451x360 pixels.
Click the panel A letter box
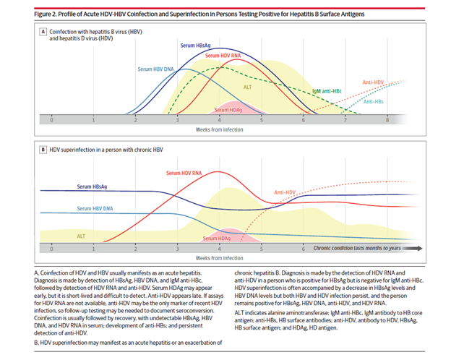(x=43, y=32)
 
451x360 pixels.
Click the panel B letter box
(x=43, y=150)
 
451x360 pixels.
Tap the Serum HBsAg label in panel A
(x=195, y=46)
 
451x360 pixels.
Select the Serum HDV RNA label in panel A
(x=223, y=56)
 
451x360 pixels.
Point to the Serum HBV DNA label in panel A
(x=155, y=69)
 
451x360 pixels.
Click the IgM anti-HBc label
(x=327, y=91)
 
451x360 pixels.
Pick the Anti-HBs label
(x=374, y=102)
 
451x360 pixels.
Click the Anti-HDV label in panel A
(x=373, y=82)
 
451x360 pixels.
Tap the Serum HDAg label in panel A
(x=228, y=110)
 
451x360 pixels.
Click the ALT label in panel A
(x=247, y=87)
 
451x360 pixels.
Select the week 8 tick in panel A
(x=387, y=120)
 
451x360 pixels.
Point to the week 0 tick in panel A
(x=51, y=120)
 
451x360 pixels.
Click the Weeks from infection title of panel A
(x=220, y=130)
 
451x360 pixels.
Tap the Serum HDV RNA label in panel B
(x=184, y=173)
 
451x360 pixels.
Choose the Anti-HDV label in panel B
(x=285, y=192)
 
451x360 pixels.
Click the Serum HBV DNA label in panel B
(x=95, y=209)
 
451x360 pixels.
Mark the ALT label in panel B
(x=81, y=236)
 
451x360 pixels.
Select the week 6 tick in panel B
(x=303, y=249)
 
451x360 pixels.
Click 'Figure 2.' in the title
(x=45, y=14)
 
